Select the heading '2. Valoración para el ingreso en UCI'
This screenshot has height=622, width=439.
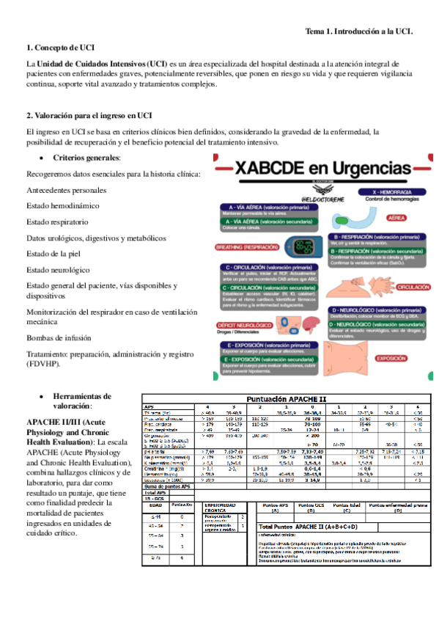pyautogui.click(x=89, y=115)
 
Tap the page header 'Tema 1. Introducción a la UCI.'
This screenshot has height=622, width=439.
pyautogui.click(x=358, y=32)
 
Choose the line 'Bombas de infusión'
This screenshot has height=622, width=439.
pyautogui.click(x=59, y=337)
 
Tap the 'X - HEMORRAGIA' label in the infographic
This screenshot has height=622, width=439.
pyautogui.click(x=389, y=191)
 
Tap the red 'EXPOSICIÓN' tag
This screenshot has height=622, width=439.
pyautogui.click(x=391, y=359)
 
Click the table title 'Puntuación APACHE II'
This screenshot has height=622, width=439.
pyautogui.click(x=284, y=399)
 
